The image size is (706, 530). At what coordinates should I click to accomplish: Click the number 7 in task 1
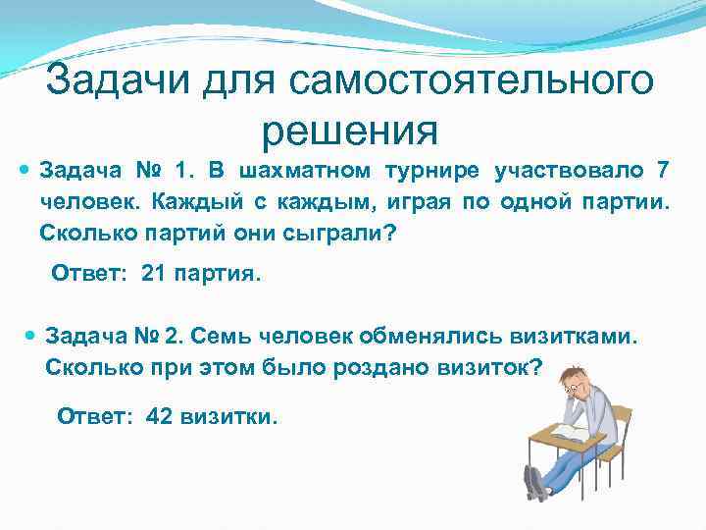[663, 172]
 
